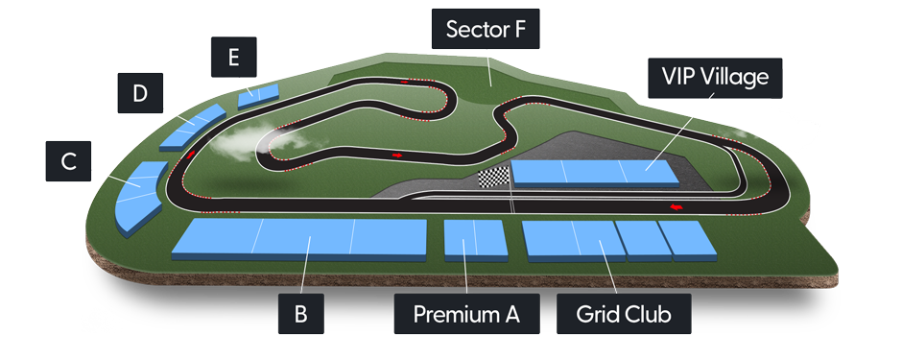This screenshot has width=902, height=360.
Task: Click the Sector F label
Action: point(487,29)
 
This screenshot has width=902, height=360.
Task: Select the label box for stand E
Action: point(233,58)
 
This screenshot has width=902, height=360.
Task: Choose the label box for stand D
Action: point(140,93)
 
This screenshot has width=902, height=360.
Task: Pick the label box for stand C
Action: point(68,161)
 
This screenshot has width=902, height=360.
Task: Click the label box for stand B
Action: point(300,314)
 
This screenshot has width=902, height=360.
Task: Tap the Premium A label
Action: point(466,314)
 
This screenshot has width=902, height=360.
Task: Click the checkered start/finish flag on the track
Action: point(492,179)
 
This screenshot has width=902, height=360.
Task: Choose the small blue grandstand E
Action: point(258,93)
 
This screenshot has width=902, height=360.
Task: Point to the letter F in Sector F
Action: point(519,29)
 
